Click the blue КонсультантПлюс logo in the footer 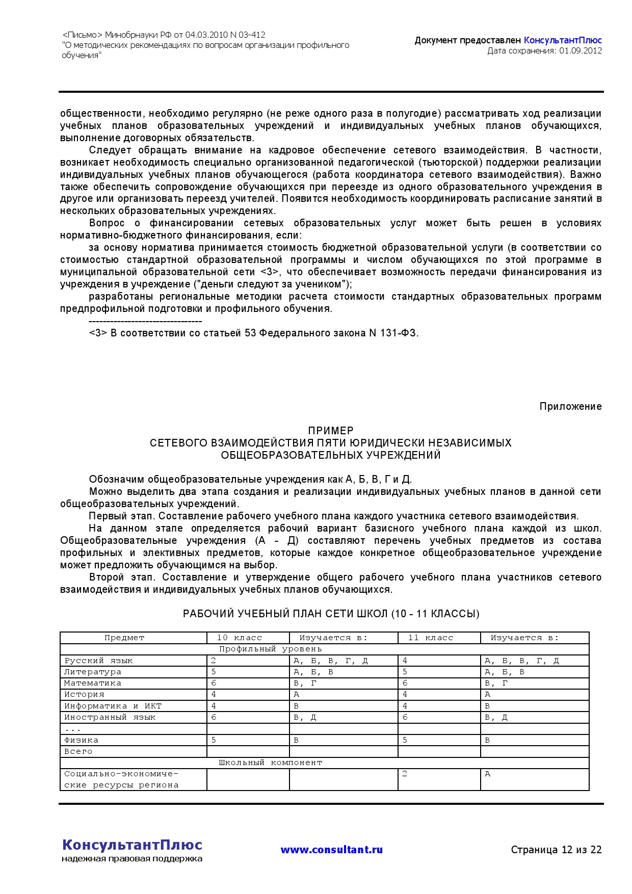132,845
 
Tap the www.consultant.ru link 331,850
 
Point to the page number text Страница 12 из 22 556,850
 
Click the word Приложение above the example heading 570,406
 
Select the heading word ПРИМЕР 331,431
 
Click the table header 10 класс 240,638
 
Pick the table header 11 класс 431,638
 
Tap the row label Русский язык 98,661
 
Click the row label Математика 93,683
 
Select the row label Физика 82,740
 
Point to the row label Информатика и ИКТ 113,706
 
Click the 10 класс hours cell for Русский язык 214,661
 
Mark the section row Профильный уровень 271,649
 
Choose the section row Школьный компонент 271,762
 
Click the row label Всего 78,751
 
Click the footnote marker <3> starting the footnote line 98,333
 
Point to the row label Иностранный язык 110,717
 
